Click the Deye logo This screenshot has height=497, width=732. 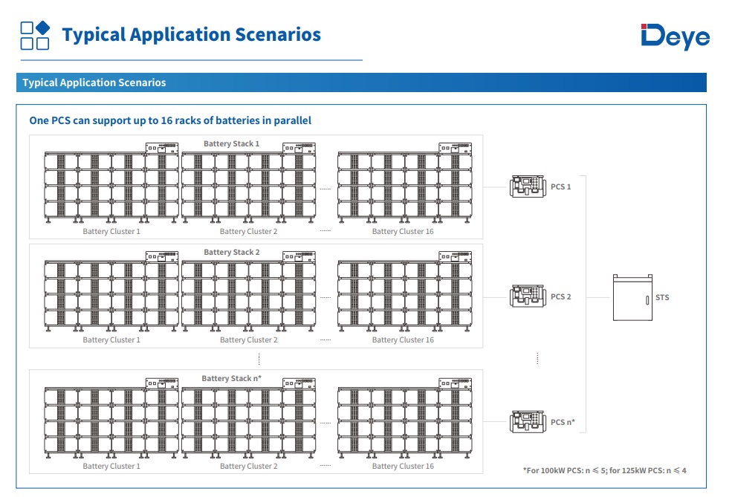coord(675,36)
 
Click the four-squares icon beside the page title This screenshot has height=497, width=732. coord(35,35)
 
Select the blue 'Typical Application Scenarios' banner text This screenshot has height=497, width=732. coord(94,82)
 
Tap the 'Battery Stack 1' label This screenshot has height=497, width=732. coord(232,143)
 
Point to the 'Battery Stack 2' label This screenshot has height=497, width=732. coord(232,253)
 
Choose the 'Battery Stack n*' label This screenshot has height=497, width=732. coord(232,379)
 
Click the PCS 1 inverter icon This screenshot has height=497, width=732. coord(528,186)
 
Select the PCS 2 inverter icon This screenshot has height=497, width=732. coord(528,296)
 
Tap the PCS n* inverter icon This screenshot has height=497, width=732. coord(528,422)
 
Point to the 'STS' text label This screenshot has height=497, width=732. coord(662,298)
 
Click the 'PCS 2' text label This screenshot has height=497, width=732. coord(561,297)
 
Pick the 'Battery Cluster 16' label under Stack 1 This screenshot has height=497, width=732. coord(403,232)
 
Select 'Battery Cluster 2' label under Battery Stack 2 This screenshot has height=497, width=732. coord(248,340)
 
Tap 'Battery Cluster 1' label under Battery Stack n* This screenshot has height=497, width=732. coord(111,467)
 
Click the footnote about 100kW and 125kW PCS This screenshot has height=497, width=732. coord(604,470)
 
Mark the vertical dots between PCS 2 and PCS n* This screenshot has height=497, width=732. coord(537,359)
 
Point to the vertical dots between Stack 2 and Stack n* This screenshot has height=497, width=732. coord(259,359)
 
